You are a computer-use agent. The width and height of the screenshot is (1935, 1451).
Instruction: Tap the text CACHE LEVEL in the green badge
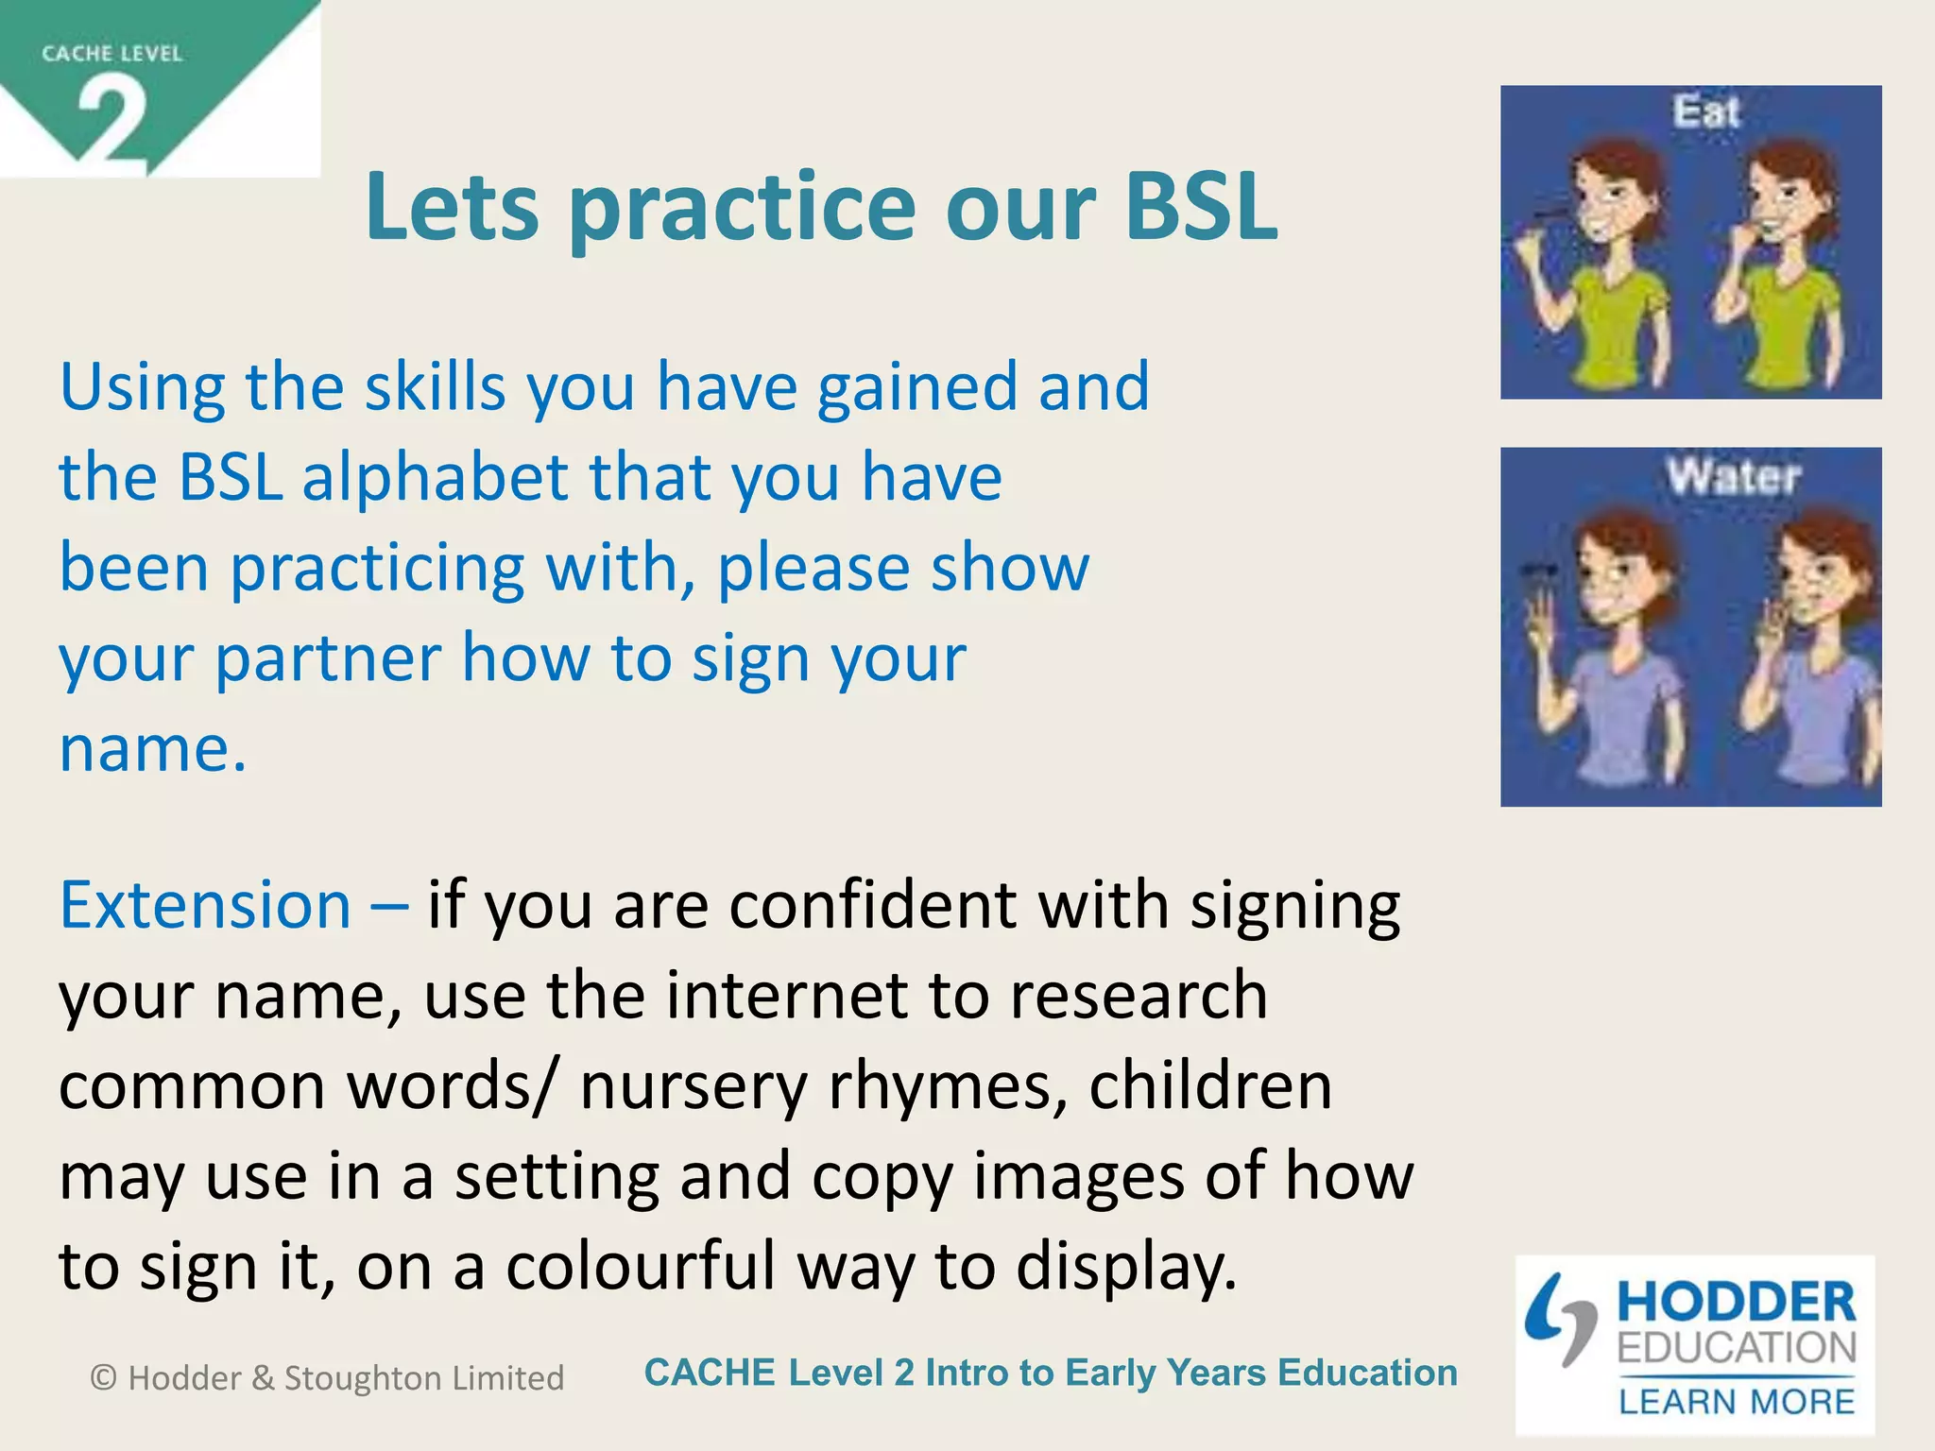(111, 54)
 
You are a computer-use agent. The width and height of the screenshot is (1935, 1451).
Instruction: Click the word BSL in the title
(1200, 207)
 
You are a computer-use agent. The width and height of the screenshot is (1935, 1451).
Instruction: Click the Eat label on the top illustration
(1706, 111)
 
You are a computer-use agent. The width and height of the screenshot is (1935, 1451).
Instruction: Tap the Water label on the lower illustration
(1733, 475)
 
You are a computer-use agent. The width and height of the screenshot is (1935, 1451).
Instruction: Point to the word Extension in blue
(205, 905)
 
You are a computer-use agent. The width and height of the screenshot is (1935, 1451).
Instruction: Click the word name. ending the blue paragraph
(152, 749)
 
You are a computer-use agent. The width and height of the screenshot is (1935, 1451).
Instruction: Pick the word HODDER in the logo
(1736, 1303)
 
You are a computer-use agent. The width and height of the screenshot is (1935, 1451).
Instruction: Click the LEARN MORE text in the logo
(1737, 1402)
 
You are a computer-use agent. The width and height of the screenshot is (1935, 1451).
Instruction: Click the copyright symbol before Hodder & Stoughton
(104, 1378)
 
